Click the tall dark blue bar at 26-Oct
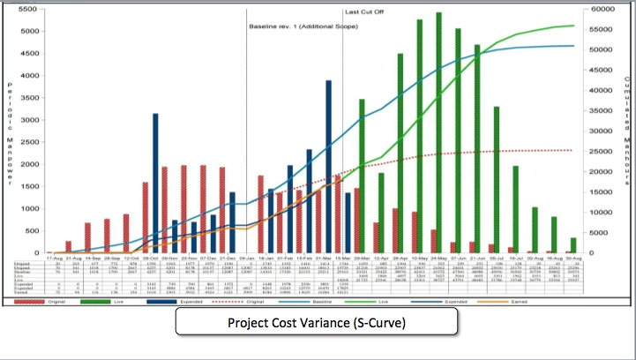click(155, 183)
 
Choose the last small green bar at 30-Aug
click(573, 245)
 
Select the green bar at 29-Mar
click(362, 176)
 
